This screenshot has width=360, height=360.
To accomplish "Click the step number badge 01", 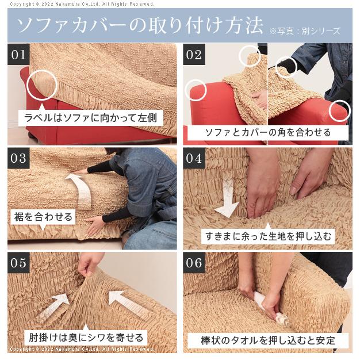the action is pyautogui.click(x=18, y=55).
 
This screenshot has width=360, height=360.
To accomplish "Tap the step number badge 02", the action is pyautogui.click(x=194, y=55).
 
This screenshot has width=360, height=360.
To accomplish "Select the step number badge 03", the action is pyautogui.click(x=18, y=158).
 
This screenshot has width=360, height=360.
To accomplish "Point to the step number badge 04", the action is pyautogui.click(x=194, y=158).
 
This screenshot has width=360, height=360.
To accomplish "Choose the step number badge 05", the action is pyautogui.click(x=18, y=263).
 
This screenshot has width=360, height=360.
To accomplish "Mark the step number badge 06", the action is pyautogui.click(x=194, y=263).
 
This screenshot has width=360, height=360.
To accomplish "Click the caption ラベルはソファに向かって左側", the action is pyautogui.click(x=91, y=118).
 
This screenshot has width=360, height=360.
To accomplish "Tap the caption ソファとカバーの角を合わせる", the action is pyautogui.click(x=268, y=132).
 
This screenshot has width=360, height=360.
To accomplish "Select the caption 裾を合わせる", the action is pyautogui.click(x=43, y=217).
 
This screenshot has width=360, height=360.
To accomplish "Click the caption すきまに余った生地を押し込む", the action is pyautogui.click(x=268, y=236).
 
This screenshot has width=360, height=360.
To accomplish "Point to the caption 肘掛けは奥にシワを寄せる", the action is pyautogui.click(x=86, y=337).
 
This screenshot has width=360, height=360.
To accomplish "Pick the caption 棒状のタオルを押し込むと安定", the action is pyautogui.click(x=268, y=340).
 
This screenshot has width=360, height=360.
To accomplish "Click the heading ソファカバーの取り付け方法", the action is pyautogui.click(x=140, y=25).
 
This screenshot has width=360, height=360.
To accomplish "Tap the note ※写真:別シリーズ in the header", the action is pyautogui.click(x=305, y=30).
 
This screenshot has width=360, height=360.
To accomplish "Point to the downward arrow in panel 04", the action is pyautogui.click(x=227, y=196).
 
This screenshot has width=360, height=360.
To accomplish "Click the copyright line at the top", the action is pyautogui.click(x=82, y=4).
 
